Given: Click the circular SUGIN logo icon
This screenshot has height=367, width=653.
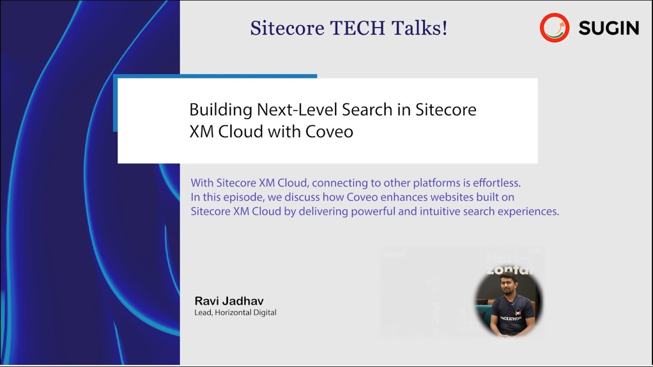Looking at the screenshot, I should (x=555, y=28).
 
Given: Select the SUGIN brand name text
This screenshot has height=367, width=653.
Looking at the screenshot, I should (x=609, y=29).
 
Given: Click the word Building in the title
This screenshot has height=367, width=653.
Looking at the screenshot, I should (x=221, y=110).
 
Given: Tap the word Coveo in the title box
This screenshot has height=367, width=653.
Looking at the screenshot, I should (x=329, y=132).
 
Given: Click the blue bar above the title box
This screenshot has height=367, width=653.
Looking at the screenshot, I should (x=217, y=76).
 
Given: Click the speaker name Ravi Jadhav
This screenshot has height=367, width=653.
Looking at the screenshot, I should (x=229, y=301).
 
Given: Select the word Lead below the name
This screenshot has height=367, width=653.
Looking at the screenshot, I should (x=203, y=312).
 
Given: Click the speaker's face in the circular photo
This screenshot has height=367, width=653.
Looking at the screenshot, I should (x=507, y=288).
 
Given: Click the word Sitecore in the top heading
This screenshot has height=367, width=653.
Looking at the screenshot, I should (x=287, y=28).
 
